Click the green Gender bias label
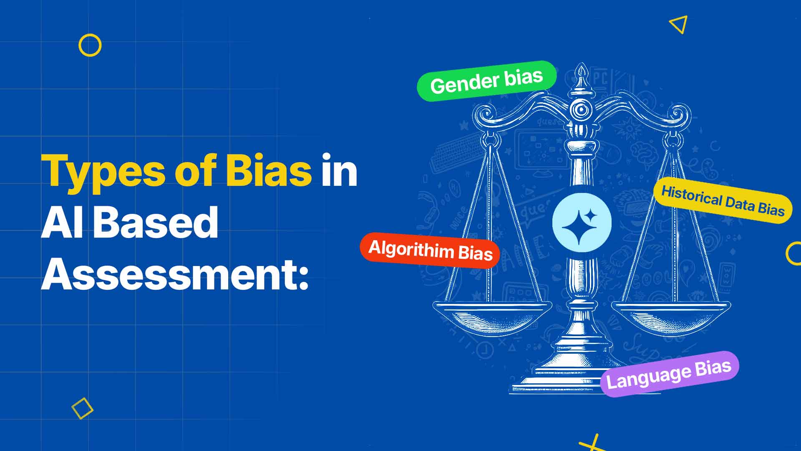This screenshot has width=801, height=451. (x=486, y=81)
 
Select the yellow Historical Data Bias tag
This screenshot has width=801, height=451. (x=723, y=202)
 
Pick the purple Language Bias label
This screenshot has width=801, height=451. (x=669, y=374)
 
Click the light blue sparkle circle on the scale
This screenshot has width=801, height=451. (x=582, y=223)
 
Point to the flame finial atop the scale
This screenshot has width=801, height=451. (x=581, y=73)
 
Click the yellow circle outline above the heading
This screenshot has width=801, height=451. (x=90, y=45)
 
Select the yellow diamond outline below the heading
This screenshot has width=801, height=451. (x=82, y=408)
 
